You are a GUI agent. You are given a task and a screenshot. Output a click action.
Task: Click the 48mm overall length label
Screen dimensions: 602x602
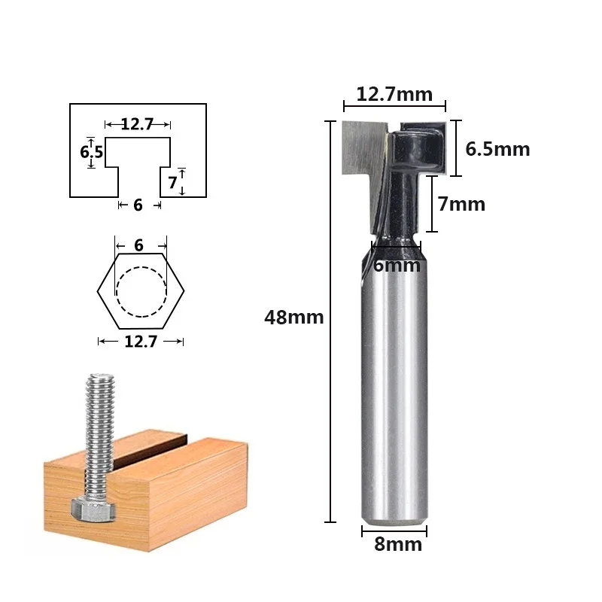293,317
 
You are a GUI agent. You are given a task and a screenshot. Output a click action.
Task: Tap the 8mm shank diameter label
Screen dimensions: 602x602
398,544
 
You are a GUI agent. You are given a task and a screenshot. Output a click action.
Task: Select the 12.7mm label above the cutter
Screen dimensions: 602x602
394,95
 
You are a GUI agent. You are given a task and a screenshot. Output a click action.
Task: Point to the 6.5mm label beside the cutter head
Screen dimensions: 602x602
497,149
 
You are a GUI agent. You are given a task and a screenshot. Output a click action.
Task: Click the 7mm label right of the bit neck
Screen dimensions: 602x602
461,204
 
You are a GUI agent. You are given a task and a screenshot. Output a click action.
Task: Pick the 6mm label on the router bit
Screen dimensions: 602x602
397,266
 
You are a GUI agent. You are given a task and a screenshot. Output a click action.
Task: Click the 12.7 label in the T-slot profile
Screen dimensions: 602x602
137,124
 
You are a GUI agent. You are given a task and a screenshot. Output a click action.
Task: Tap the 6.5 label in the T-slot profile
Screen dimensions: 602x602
91,152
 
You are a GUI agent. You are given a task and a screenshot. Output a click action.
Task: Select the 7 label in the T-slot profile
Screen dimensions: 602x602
173,183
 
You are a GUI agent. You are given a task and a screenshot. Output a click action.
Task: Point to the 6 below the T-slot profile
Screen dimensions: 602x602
138,205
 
